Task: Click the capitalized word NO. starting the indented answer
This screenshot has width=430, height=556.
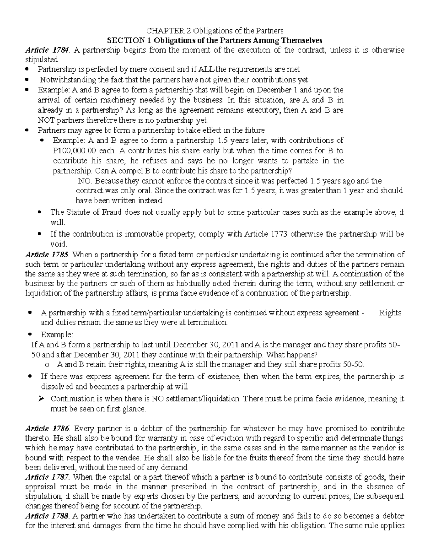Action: coord(85,181)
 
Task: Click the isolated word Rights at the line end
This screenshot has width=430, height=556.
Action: coord(390,313)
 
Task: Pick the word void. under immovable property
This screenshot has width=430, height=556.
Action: coord(59,244)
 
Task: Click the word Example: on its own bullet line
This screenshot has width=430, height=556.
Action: coord(57,334)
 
